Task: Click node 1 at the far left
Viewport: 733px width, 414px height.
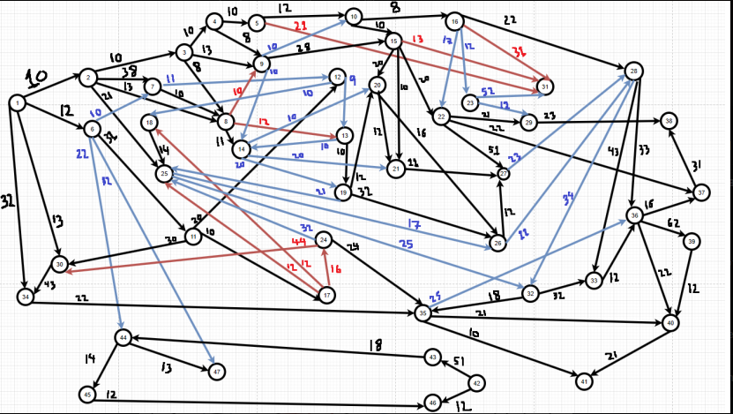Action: [x=16, y=102]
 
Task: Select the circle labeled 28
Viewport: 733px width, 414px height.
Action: [x=633, y=70]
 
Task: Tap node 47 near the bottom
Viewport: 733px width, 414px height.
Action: [x=216, y=372]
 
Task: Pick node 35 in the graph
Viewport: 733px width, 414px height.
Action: [x=423, y=312]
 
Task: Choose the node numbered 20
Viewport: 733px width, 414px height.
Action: [x=378, y=85]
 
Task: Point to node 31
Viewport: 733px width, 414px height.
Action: [x=546, y=87]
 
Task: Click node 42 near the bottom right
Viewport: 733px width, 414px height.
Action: [x=477, y=383]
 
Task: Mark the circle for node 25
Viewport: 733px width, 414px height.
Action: [x=164, y=175]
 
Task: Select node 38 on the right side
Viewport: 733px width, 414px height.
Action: [x=669, y=120]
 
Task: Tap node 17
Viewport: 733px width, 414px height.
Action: [x=327, y=295]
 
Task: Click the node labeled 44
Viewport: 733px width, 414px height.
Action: [x=123, y=338]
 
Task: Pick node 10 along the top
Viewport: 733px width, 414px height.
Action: [x=353, y=16]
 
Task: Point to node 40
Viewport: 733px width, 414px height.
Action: [x=670, y=323]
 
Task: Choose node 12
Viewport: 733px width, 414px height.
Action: [x=337, y=76]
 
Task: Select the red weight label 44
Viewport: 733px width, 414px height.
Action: [x=298, y=241]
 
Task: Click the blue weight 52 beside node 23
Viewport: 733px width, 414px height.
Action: [x=488, y=92]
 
